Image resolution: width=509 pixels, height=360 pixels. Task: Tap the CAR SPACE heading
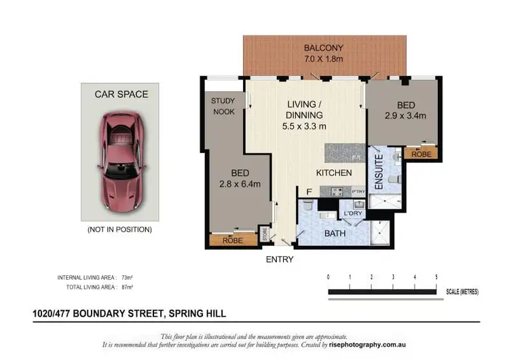(x=121, y=94)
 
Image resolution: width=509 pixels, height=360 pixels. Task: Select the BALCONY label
(x=324, y=48)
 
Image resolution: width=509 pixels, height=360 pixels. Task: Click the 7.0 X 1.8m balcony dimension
(x=324, y=60)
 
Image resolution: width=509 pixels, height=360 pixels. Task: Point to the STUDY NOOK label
(x=223, y=106)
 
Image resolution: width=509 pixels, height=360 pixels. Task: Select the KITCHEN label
(x=333, y=173)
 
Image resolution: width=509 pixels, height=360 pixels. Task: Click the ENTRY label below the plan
(x=280, y=259)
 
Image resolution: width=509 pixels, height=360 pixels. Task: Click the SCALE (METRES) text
(x=462, y=292)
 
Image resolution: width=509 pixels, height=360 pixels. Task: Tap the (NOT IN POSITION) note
(x=119, y=230)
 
